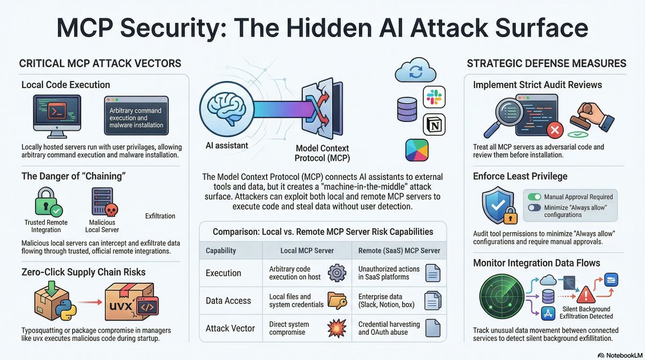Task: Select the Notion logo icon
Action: [434, 124]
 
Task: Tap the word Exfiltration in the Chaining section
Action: [160, 216]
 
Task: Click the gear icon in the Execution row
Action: [336, 272]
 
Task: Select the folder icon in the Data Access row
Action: [336, 300]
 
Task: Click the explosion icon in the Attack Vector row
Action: [337, 328]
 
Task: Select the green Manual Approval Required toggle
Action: [535, 197]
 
